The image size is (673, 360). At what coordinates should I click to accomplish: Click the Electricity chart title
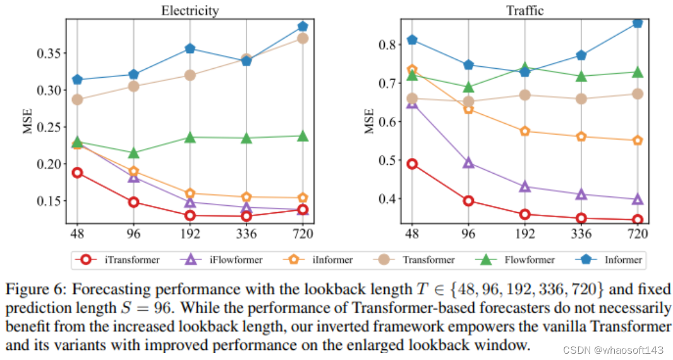click(190, 10)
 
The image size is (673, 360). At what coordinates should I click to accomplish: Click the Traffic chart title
click(524, 10)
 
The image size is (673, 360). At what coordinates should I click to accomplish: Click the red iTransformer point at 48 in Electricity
click(78, 172)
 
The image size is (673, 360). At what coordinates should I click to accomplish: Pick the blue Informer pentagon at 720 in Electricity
click(302, 27)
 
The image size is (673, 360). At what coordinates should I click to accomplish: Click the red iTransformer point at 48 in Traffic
click(412, 164)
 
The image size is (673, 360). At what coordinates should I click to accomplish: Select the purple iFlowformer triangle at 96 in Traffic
click(468, 162)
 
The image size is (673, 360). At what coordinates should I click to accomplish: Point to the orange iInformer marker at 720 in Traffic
click(637, 140)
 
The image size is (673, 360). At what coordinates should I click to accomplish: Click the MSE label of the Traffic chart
click(370, 121)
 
